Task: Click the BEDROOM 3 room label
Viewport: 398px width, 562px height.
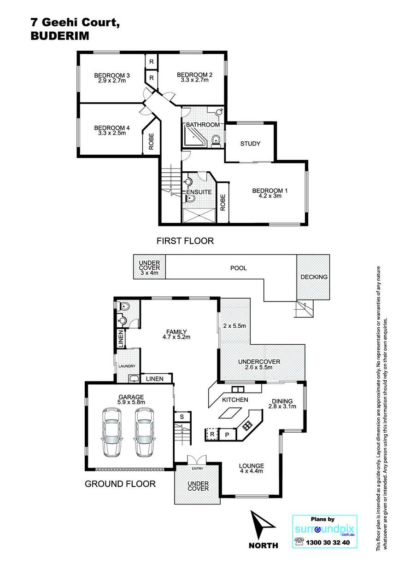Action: [112, 75]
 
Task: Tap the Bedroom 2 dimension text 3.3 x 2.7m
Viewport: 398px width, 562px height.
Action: [194, 80]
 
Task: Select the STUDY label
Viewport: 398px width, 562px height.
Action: [250, 144]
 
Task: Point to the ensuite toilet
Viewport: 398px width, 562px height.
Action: [190, 199]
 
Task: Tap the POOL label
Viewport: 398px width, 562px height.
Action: [239, 268]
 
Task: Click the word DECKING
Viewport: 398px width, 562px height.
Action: [314, 277]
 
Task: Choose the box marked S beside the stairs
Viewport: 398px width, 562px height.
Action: [182, 417]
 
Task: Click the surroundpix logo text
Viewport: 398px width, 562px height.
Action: [324, 530]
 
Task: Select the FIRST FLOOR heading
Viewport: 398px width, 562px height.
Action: [185, 241]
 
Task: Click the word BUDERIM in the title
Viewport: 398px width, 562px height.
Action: [60, 36]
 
